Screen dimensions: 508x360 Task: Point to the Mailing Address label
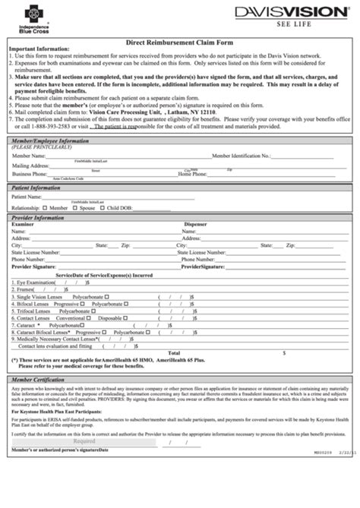pyautogui.click(x=30, y=164)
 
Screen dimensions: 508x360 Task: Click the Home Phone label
pyautogui.click(x=192, y=173)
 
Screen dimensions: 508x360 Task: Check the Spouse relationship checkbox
pyautogui.click(x=74, y=207)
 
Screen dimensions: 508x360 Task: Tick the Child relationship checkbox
pyautogui.click(x=103, y=207)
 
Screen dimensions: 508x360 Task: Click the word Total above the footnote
pyautogui.click(x=174, y=353)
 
